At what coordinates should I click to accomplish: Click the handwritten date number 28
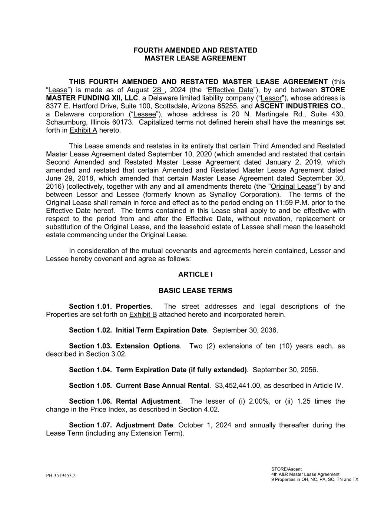[x=157, y=90]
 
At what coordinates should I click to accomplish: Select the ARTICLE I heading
[x=195, y=274]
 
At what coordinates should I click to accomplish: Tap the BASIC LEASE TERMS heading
[x=195, y=291]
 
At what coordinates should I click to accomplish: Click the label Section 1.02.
[x=90, y=330]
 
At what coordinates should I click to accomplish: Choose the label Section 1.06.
[x=90, y=401]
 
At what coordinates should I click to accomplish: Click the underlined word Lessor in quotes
[x=272, y=98]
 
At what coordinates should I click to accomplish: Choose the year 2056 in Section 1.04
[x=309, y=370]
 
